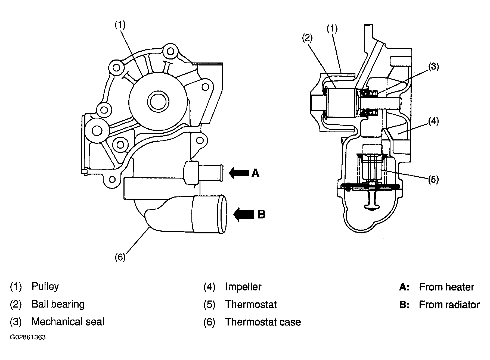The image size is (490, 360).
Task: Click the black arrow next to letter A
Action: (239, 173)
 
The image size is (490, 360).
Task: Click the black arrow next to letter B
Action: (244, 214)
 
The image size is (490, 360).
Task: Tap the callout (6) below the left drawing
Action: (120, 257)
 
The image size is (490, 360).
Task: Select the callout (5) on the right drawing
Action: (433, 179)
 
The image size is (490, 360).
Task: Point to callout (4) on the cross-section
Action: (433, 121)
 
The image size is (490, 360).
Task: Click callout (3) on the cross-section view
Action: (433, 67)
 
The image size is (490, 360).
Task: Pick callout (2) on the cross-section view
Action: (307, 38)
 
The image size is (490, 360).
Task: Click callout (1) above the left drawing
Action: (120, 25)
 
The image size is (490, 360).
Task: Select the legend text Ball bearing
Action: (58, 304)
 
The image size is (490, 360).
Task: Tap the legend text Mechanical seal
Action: (68, 322)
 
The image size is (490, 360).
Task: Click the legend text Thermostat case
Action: (263, 322)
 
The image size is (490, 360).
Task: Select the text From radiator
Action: (449, 305)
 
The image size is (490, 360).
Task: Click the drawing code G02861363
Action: (28, 337)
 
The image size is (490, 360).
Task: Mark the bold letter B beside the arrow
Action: (261, 214)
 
